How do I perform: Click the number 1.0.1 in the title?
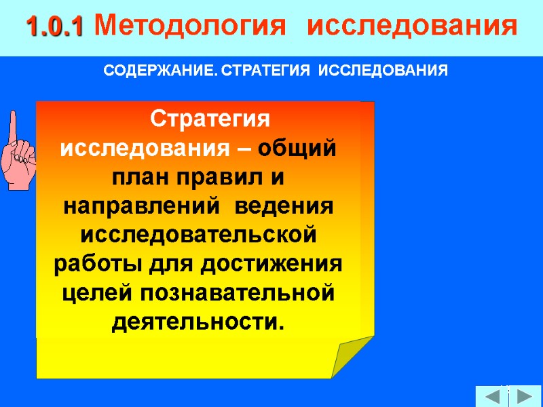(54, 27)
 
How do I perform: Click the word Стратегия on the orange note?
(210, 119)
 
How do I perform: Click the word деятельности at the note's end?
(193, 322)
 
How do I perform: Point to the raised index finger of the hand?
(13, 125)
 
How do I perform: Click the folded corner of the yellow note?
(349, 356)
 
